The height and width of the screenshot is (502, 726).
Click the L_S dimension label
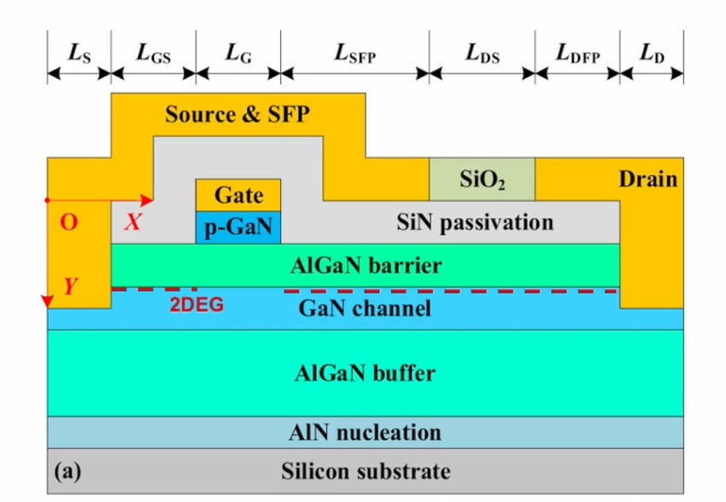79,52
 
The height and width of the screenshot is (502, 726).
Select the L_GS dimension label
154,52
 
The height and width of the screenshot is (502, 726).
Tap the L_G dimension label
238,52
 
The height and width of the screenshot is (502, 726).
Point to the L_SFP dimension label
354,52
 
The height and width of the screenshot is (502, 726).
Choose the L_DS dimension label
482,52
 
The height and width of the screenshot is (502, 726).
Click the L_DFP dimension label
577,52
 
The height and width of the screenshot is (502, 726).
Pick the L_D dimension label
652,52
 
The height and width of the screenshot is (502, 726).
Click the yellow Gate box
238,195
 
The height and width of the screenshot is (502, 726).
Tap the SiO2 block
482,179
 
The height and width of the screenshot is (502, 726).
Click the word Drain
647,179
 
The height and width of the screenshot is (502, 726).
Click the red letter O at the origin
69,224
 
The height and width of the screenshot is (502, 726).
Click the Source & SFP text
237,114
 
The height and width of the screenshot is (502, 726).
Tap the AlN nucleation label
366,432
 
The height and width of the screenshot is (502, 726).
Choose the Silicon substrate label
366,470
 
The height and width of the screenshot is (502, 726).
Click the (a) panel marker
67,470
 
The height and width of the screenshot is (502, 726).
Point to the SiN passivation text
475,223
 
